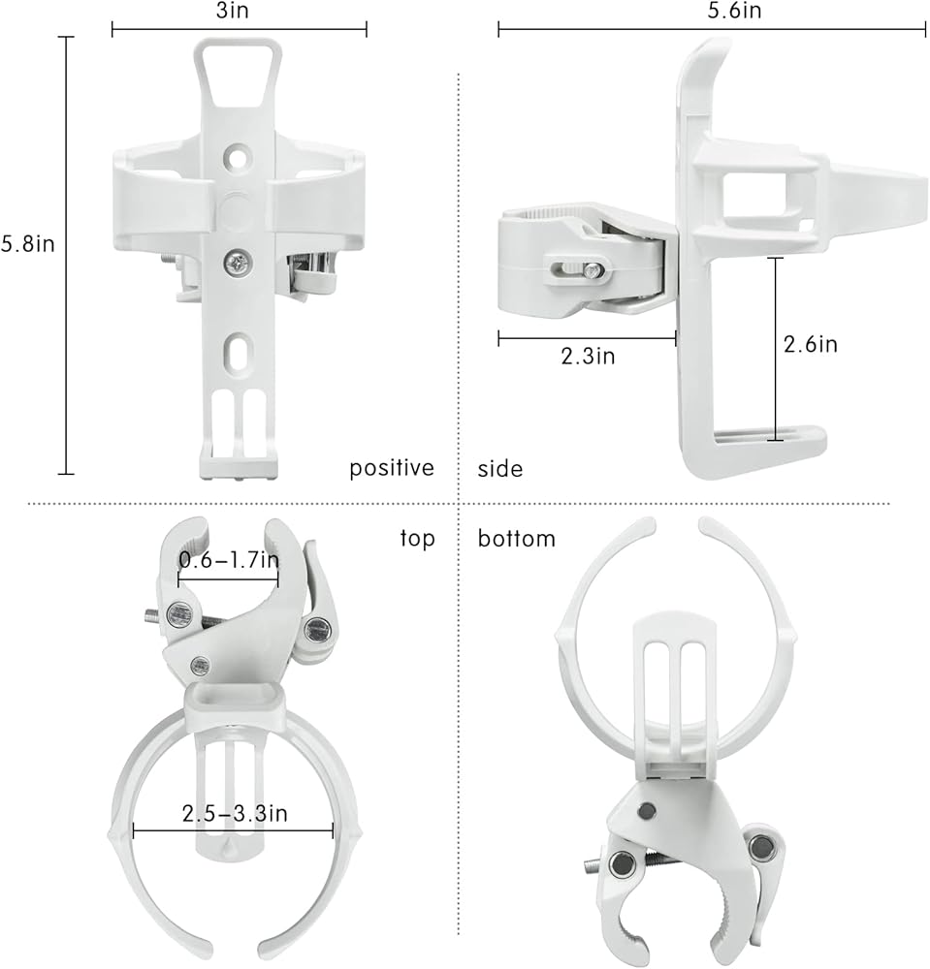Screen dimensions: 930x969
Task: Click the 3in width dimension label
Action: [232, 11]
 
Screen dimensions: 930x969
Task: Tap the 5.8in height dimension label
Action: [28, 243]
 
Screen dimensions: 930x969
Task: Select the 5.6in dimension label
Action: [734, 11]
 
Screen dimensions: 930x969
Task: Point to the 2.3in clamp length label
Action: [588, 356]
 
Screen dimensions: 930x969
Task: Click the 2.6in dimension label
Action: [810, 344]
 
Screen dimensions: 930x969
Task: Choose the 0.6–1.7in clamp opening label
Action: [229, 560]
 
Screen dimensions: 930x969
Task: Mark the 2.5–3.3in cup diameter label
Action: [235, 813]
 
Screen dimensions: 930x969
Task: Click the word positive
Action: [392, 468]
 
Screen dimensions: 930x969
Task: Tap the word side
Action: [500, 469]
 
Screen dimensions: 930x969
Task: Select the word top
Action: [417, 539]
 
